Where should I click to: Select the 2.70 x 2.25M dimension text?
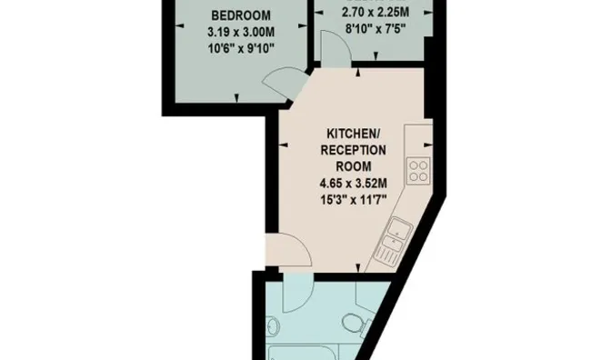375,13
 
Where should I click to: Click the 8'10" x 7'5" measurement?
375,29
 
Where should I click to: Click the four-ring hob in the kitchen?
418,171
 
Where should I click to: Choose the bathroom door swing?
298,293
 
